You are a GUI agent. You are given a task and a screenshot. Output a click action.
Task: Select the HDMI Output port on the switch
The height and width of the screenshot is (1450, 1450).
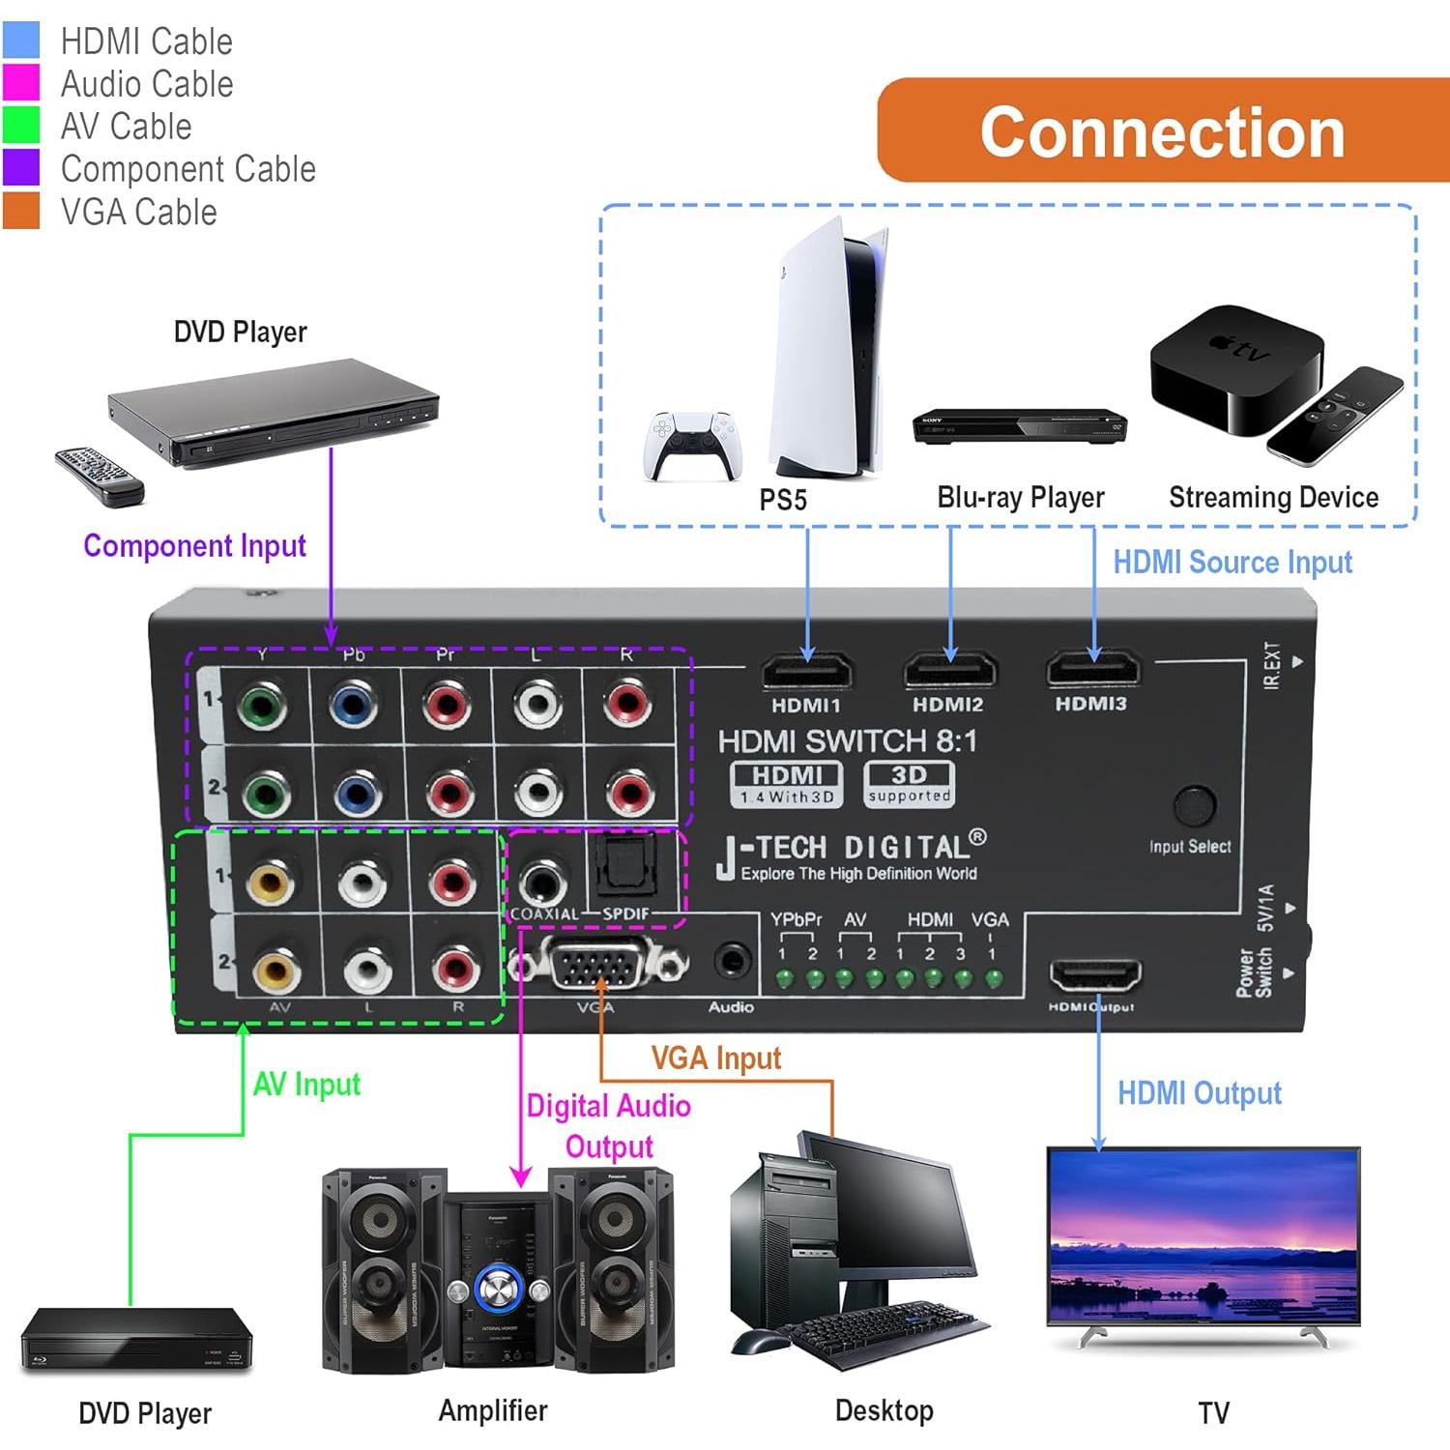tap(1095, 975)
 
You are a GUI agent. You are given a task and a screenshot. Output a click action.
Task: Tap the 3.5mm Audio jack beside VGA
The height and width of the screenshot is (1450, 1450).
tap(732, 962)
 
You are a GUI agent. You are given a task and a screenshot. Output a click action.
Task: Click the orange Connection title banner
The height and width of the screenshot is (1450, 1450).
tap(1163, 130)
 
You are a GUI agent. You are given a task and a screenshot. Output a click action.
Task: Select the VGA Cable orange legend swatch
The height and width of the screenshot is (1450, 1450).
tap(21, 211)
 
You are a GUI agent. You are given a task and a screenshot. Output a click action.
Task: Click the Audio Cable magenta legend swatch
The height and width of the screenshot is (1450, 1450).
tap(21, 83)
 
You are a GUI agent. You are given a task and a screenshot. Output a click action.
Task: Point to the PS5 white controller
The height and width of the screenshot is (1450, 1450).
tap(690, 445)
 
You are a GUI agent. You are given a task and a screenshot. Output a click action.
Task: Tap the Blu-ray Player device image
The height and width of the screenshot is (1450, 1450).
tap(1019, 426)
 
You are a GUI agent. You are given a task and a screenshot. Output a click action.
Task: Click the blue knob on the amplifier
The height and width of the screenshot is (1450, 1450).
tap(499, 1289)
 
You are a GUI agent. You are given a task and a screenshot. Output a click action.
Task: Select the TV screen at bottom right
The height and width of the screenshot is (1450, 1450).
tap(1203, 1234)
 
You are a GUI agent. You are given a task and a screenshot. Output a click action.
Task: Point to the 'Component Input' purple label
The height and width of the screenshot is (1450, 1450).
tap(194, 546)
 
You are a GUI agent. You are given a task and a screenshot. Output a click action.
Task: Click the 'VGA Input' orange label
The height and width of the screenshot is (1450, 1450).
tap(715, 1058)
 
